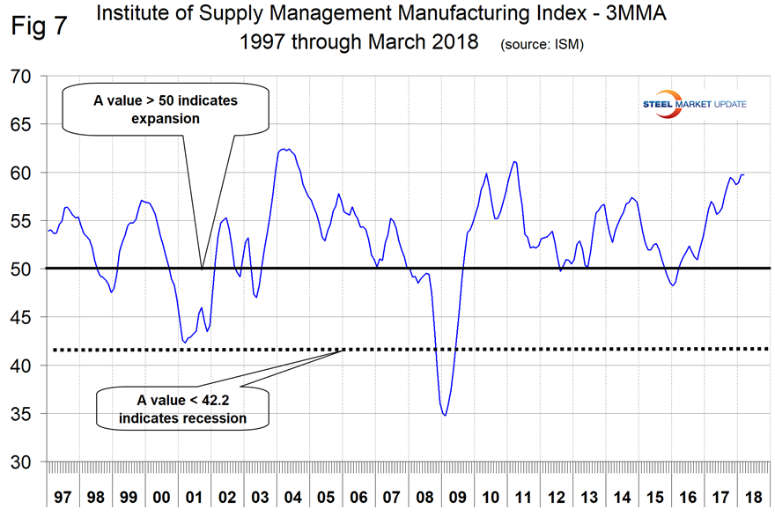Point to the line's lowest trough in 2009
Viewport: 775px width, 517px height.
coord(446,415)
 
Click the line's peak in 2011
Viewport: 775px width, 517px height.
coord(514,162)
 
